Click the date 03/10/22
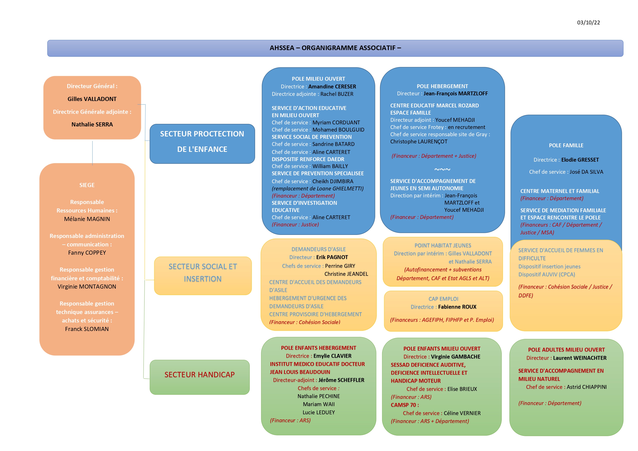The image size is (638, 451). (x=588, y=23)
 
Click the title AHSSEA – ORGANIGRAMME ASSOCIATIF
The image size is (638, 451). (x=335, y=48)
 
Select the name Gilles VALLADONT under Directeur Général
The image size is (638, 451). (x=92, y=99)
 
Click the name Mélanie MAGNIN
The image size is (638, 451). (x=87, y=219)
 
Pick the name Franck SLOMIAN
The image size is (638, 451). (x=87, y=329)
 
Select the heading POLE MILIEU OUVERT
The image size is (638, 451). (x=318, y=79)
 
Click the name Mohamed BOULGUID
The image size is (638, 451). (x=338, y=130)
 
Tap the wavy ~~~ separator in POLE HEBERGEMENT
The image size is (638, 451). (x=442, y=169)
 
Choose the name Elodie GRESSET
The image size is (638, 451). (x=580, y=160)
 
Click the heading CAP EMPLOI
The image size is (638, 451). (x=443, y=299)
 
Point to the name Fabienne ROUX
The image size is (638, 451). (x=457, y=307)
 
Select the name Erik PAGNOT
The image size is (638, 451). (x=332, y=257)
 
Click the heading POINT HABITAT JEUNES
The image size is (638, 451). (x=443, y=245)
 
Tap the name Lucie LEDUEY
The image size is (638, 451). (x=318, y=412)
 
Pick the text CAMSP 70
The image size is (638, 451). (x=405, y=405)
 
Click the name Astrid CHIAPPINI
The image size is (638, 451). (x=587, y=387)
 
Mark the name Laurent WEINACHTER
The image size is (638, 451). (x=580, y=358)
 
